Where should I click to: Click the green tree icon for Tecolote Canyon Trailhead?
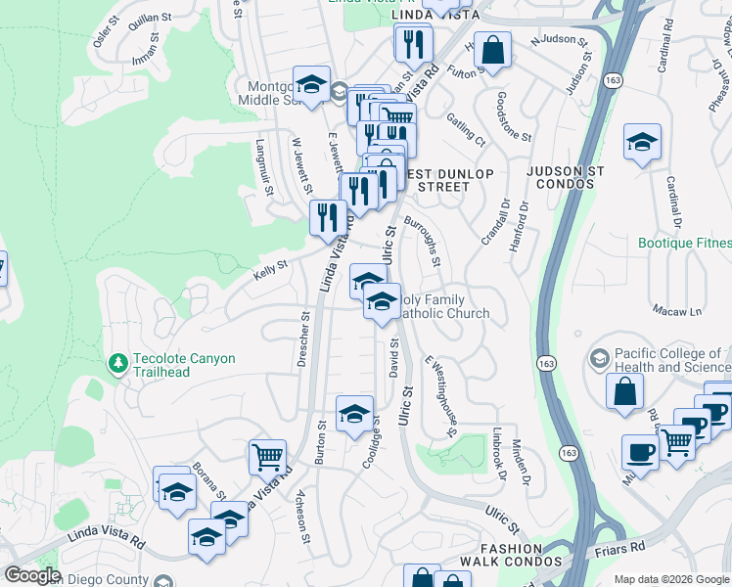[x=118, y=364]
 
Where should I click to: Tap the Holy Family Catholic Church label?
[x=443, y=307]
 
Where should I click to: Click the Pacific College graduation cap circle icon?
[x=601, y=359]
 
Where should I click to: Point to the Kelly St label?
[x=270, y=265]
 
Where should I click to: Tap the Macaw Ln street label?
[x=682, y=312]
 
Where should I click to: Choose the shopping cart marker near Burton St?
[x=266, y=456]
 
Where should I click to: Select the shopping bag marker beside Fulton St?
[x=494, y=50]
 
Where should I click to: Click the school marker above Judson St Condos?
[x=642, y=143]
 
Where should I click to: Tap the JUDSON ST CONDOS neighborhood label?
[x=565, y=170]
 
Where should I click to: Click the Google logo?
[x=32, y=575]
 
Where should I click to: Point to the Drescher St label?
[x=302, y=340]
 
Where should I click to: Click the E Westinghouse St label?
[x=441, y=391]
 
